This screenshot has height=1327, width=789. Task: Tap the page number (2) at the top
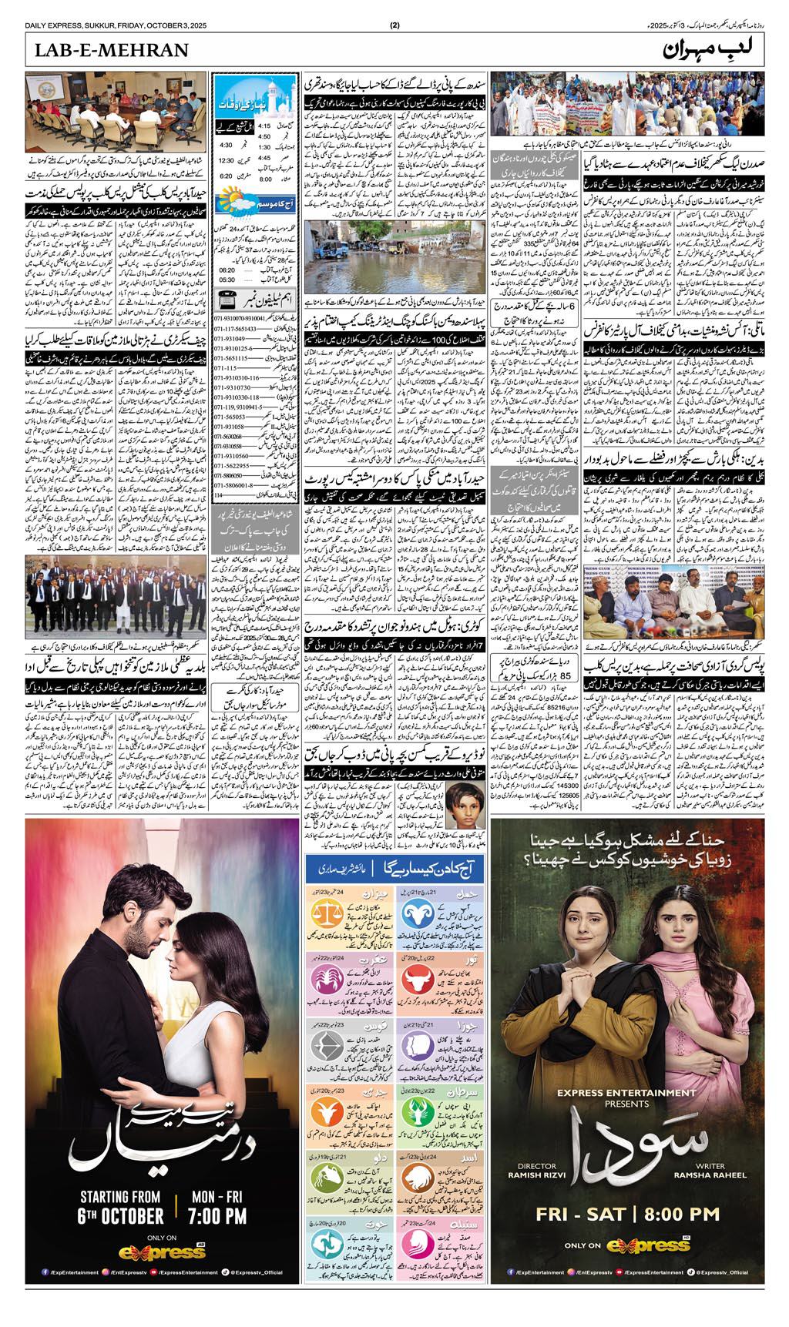pos(394,24)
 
